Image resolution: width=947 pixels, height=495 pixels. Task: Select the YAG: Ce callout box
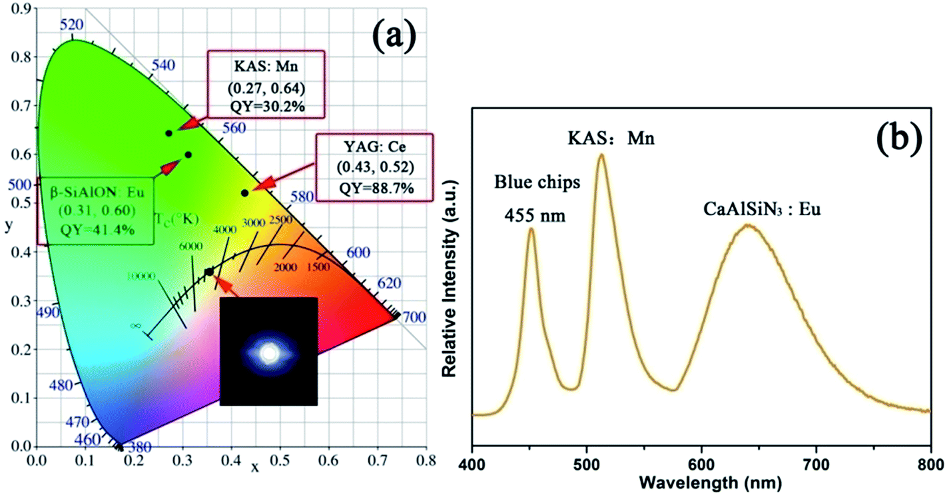(x=374, y=167)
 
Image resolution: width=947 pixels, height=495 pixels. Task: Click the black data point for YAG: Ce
(x=244, y=193)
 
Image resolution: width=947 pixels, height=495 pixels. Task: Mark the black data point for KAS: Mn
(x=169, y=133)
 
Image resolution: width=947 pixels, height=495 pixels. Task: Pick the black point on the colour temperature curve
(x=209, y=272)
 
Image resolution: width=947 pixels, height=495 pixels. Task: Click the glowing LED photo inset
(x=268, y=351)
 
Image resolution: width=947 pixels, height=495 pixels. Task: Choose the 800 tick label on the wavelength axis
(x=930, y=462)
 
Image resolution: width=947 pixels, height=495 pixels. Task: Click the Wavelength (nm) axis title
(x=701, y=481)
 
